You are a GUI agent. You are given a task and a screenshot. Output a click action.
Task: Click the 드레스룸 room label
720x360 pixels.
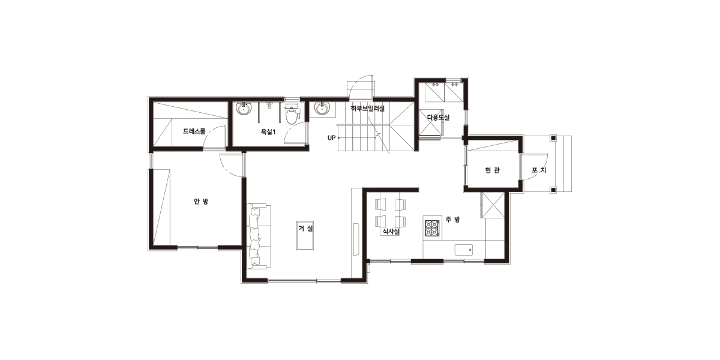pos(194,131)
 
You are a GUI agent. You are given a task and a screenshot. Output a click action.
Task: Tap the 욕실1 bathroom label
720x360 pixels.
pos(268,132)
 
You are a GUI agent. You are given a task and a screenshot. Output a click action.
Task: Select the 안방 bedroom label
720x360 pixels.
pos(201,202)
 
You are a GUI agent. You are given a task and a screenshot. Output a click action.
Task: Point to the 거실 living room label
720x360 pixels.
pos(305,229)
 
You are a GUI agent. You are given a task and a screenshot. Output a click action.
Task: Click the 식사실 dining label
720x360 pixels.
pos(391,231)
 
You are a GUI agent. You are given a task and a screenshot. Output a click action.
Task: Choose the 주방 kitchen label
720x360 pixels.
pos(452,220)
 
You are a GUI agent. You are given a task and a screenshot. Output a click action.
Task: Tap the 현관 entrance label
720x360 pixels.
pos(492,170)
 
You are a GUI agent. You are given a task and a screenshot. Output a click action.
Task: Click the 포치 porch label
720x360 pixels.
pos(539,170)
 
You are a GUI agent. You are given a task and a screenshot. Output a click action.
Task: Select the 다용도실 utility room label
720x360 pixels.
pos(438,118)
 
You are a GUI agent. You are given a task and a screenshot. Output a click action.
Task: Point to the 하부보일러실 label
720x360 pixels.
pos(368,109)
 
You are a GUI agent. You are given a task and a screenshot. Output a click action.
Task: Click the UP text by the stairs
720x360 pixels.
pos(331,138)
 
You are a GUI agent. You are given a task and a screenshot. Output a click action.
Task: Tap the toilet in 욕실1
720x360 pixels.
pos(292,113)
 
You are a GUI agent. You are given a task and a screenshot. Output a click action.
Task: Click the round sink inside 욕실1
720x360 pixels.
pos(244,109)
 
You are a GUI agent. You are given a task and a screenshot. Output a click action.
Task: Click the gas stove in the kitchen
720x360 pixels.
pos(432,228)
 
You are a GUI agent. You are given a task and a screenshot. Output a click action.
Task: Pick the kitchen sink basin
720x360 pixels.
pos(463,250)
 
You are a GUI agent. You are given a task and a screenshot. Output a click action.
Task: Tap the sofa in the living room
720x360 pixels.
pos(259,236)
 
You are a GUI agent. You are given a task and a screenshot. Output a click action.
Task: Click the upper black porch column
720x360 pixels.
pos(553,138)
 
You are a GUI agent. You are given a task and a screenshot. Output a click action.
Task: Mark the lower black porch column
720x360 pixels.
pos(553,190)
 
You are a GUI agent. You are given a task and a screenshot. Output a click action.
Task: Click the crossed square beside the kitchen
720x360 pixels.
pos(493,205)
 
